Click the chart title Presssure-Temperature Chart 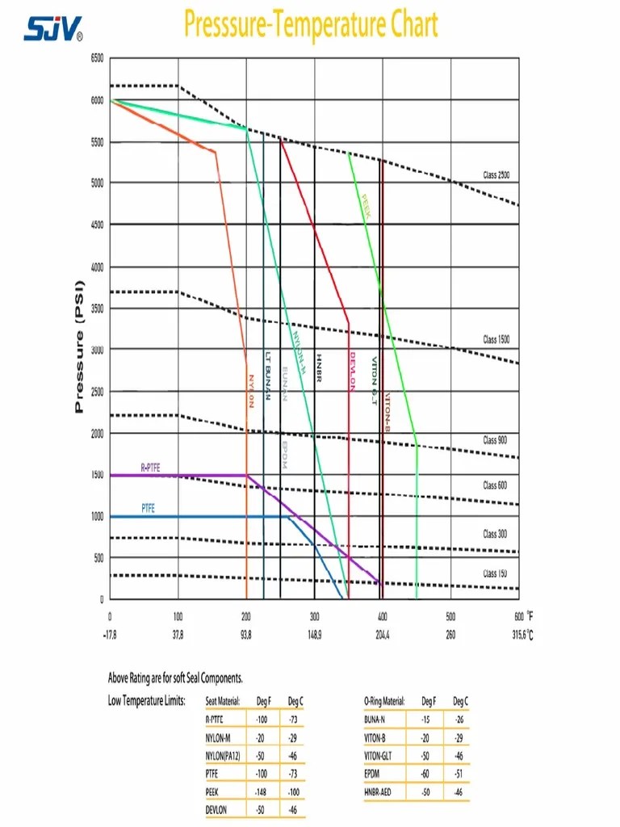tap(311, 24)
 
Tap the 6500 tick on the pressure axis tap(97, 58)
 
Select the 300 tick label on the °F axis tap(315, 616)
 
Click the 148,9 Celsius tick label tap(314, 635)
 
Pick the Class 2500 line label tap(496, 175)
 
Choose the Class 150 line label tap(495, 573)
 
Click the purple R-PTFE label tap(152, 467)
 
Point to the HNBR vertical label tap(319, 367)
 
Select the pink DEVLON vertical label tap(353, 372)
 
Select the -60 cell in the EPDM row tap(425, 774)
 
